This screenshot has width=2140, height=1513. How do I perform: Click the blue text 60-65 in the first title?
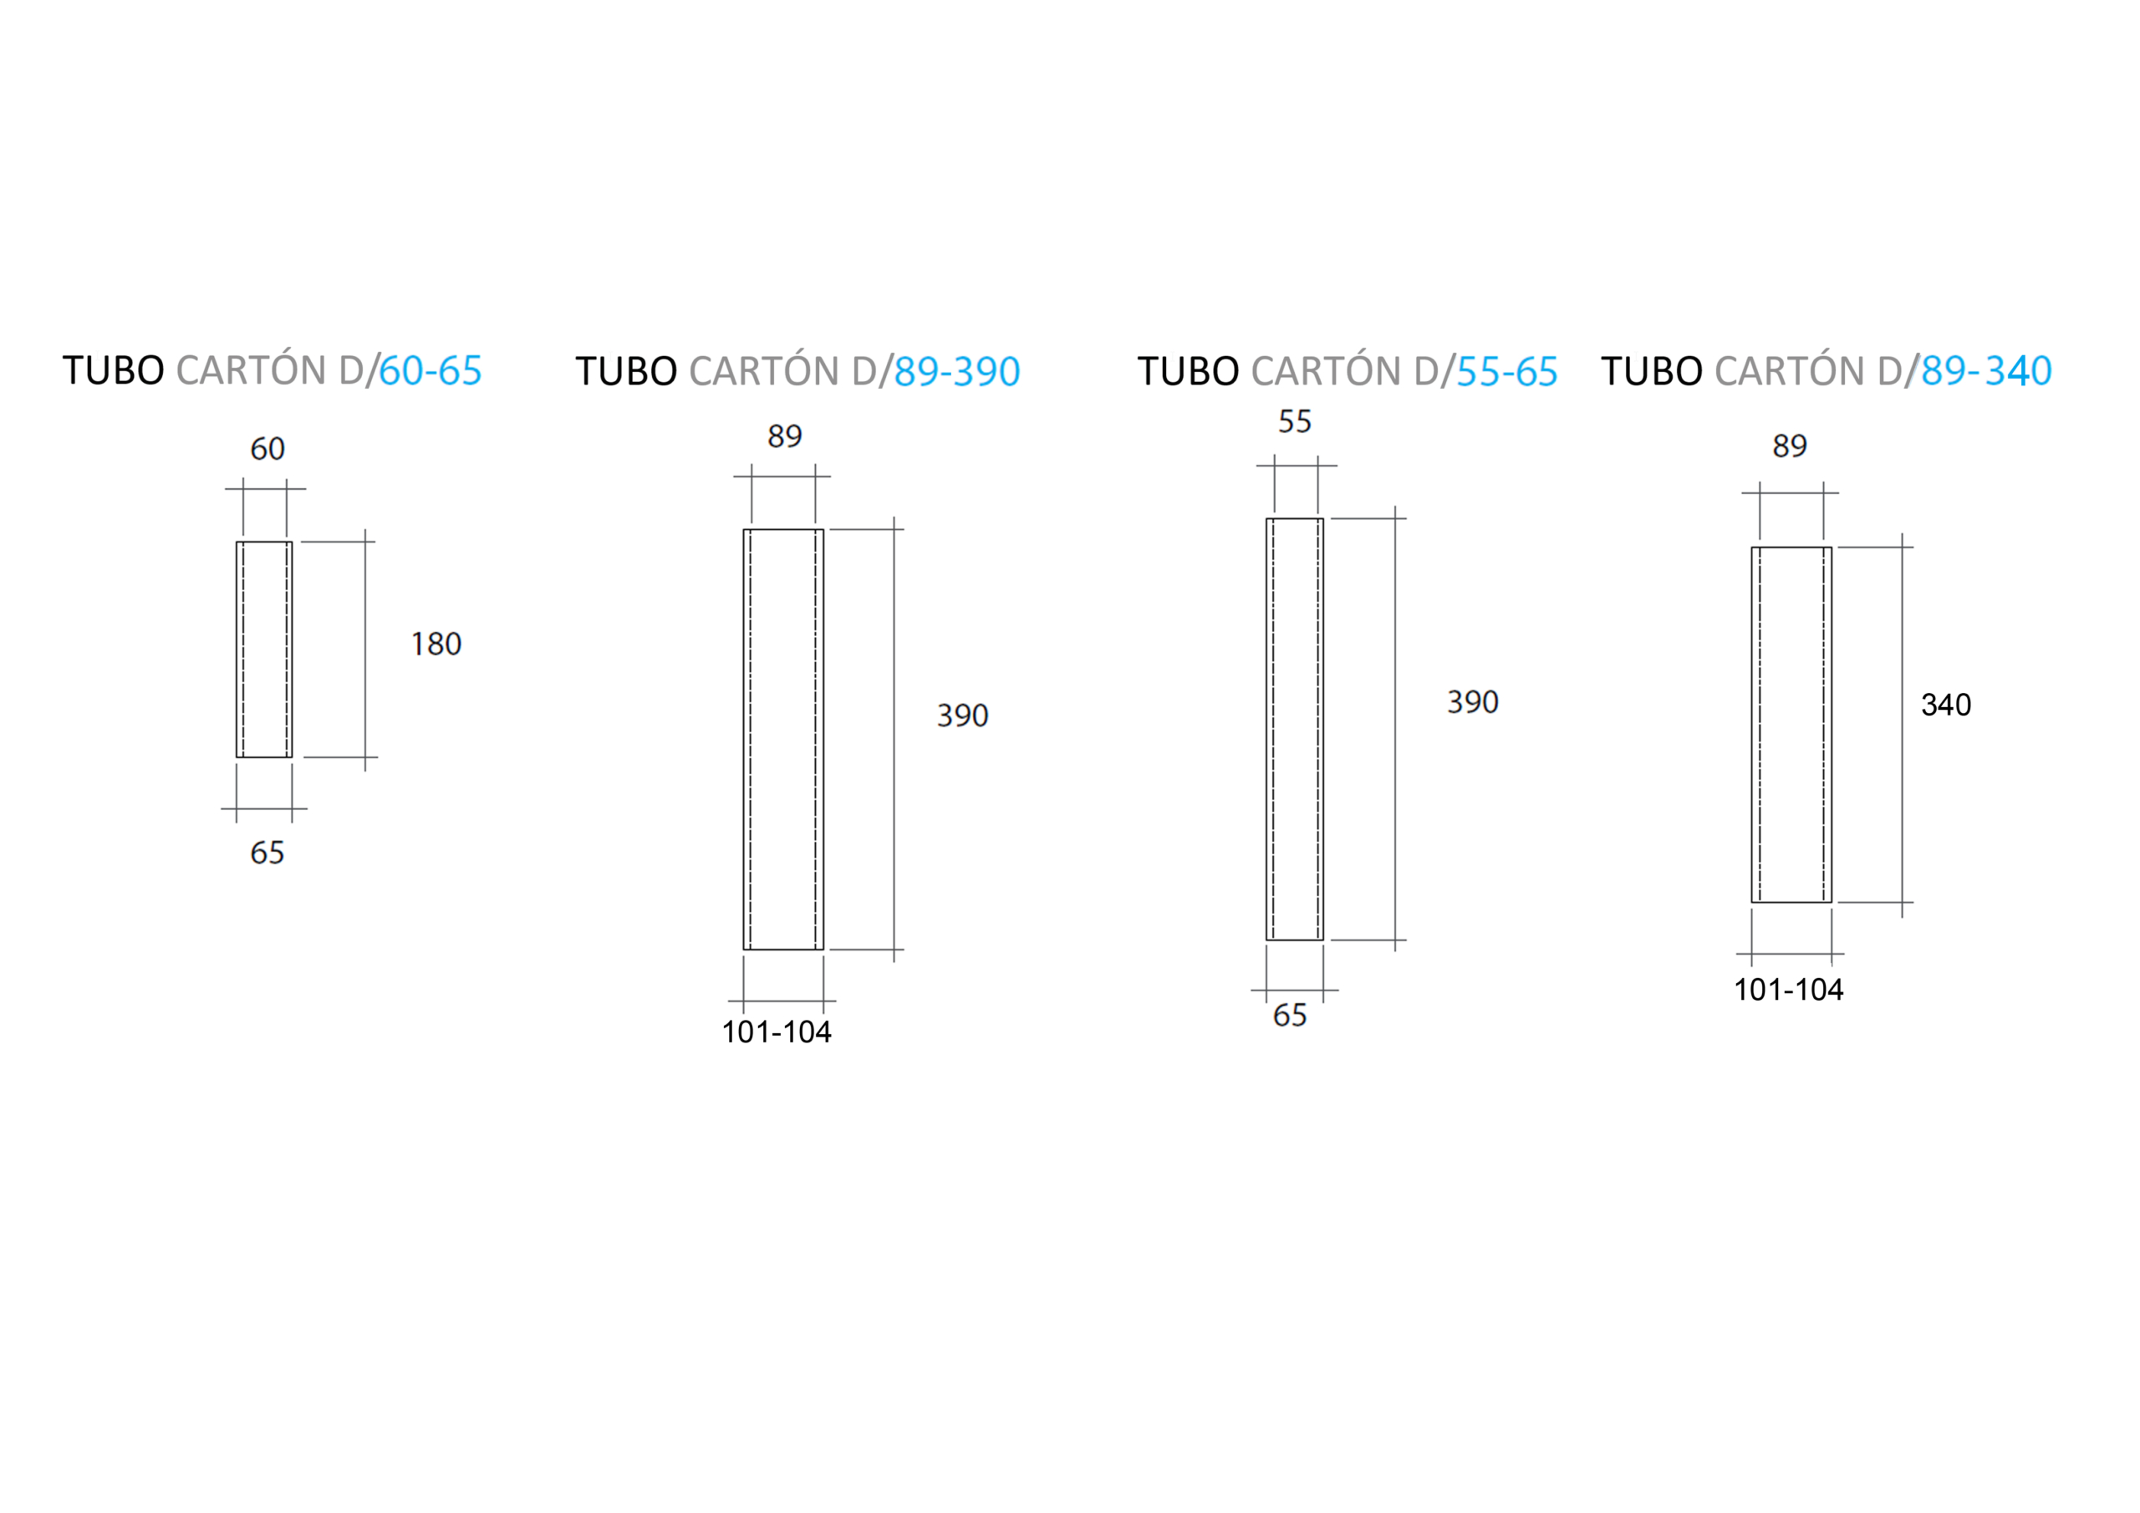click(431, 371)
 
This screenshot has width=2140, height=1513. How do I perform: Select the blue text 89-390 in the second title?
click(957, 372)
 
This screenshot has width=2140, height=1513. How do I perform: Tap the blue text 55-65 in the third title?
click(1506, 372)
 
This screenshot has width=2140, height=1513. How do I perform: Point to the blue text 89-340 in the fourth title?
click(1986, 371)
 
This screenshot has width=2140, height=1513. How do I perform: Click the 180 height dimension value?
click(436, 644)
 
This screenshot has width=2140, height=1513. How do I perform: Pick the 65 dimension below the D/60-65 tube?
click(267, 853)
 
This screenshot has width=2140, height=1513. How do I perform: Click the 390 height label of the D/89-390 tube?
click(963, 716)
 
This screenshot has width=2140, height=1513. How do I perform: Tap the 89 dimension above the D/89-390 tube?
click(785, 436)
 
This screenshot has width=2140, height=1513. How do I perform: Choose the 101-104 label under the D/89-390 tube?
click(777, 1032)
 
